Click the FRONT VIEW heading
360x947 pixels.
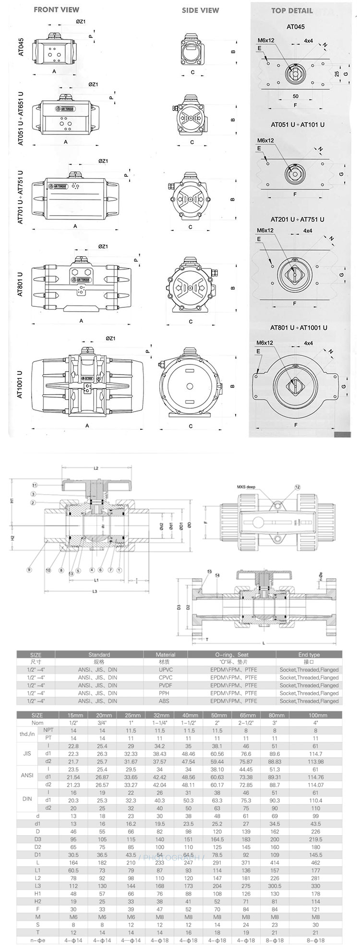(57, 10)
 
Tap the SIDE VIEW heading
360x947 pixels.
(200, 10)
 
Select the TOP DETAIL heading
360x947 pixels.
(291, 11)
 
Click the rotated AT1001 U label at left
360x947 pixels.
(20, 384)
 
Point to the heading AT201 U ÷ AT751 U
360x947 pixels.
(297, 219)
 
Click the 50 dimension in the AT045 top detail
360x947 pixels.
(295, 97)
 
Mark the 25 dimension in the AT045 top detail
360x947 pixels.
(337, 74)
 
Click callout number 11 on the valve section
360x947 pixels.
(35, 485)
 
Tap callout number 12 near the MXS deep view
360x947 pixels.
(298, 487)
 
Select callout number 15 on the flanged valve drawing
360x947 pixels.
(209, 571)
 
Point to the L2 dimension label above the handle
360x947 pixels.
(96, 468)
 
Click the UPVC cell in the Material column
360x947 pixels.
(166, 669)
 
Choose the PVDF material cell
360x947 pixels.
(166, 685)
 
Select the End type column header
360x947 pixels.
(309, 655)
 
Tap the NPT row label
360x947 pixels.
(48, 730)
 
